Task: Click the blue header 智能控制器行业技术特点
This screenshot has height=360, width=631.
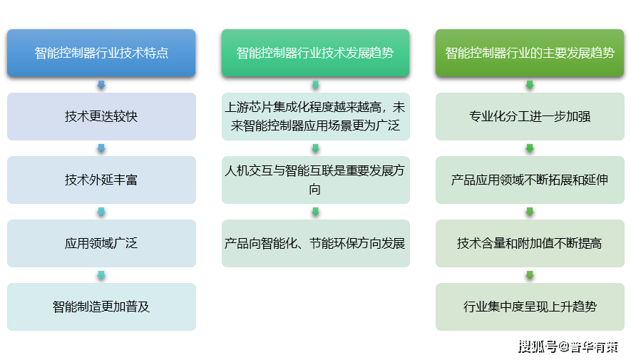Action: tap(101, 53)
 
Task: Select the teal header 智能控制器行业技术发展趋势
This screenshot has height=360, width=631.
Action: tap(315, 53)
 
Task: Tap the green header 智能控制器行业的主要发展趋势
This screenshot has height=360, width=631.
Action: tap(529, 53)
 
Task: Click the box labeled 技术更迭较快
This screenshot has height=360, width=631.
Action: tap(101, 116)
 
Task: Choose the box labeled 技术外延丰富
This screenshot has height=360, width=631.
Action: tap(101, 180)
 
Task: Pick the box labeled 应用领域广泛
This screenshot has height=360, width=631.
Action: tap(101, 243)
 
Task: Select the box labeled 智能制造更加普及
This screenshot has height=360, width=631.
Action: tap(101, 307)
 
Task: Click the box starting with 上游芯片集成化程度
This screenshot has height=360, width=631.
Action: tap(315, 116)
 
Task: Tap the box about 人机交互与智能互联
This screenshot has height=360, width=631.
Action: tap(315, 180)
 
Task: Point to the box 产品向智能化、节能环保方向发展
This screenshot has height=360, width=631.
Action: tap(315, 243)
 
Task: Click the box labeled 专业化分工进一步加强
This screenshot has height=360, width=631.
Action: tap(529, 116)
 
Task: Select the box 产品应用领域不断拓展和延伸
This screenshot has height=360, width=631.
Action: tap(529, 180)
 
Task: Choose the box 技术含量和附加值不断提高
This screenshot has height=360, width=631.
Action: tap(529, 243)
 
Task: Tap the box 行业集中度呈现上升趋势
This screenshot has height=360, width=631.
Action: tap(529, 307)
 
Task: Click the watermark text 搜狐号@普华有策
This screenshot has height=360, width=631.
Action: tap(567, 346)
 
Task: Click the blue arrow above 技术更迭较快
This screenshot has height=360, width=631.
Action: tap(101, 85)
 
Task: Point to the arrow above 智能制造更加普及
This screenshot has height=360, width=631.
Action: tap(101, 275)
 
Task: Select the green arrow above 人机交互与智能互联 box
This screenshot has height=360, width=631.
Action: tap(315, 148)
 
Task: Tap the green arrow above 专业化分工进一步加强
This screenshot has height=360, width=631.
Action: tap(529, 85)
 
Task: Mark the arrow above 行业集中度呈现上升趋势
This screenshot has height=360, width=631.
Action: tap(529, 275)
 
